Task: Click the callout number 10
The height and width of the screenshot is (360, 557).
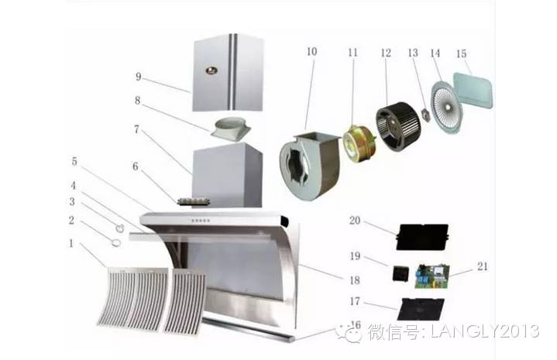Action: [311, 52]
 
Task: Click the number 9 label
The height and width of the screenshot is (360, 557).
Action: [139, 77]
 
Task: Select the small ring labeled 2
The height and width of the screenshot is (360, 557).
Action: [115, 242]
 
